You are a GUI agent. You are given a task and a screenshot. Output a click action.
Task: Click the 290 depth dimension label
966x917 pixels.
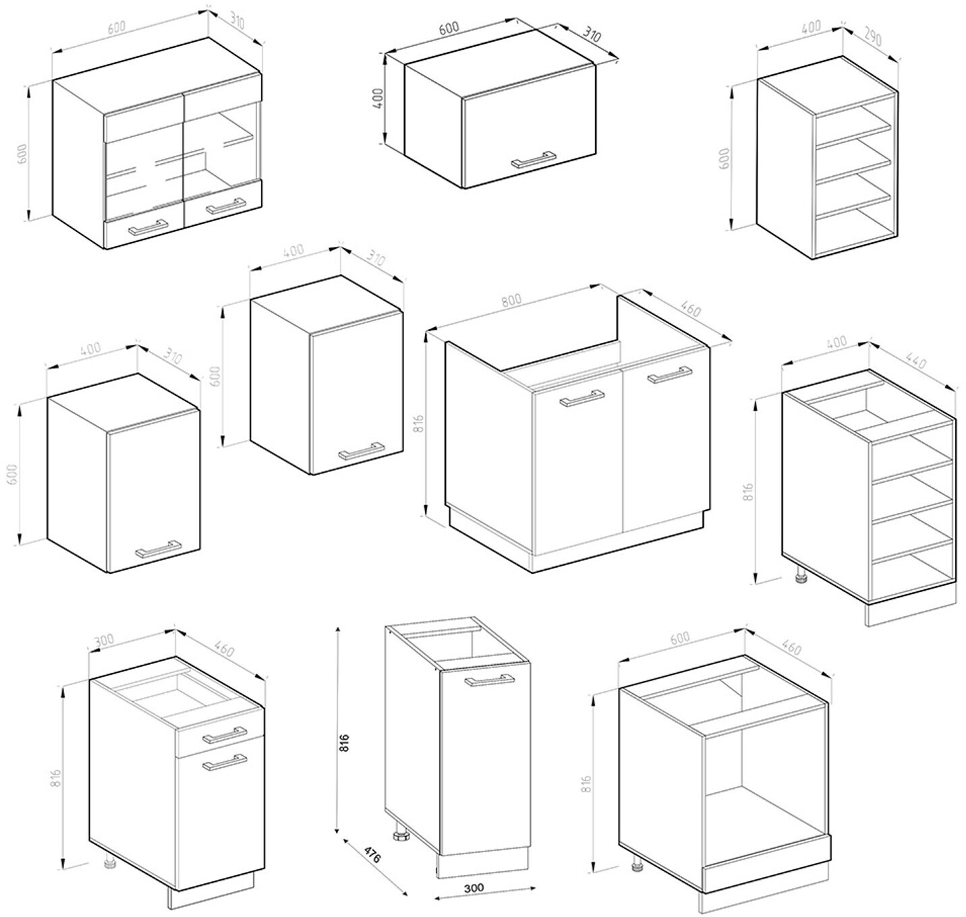point(873,38)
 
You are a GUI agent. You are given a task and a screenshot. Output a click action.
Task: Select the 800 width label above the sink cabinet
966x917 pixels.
point(511,300)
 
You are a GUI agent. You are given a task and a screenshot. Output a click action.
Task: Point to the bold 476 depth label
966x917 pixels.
point(372,855)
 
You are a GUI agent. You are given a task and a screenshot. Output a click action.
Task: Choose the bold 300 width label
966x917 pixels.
point(474,887)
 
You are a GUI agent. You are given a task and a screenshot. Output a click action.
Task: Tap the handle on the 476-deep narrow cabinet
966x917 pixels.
point(490,679)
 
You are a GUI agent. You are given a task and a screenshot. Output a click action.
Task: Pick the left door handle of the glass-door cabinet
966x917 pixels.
point(148,227)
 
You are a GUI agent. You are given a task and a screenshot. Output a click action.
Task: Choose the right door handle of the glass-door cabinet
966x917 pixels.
point(226,205)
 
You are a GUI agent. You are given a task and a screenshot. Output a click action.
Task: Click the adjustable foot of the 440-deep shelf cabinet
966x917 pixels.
point(800,574)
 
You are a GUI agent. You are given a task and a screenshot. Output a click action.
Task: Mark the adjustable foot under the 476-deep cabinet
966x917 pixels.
point(399,835)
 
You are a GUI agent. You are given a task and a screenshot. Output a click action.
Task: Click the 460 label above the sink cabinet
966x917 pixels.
point(691,309)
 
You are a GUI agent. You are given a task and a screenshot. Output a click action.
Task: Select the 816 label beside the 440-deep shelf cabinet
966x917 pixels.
point(749,492)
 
